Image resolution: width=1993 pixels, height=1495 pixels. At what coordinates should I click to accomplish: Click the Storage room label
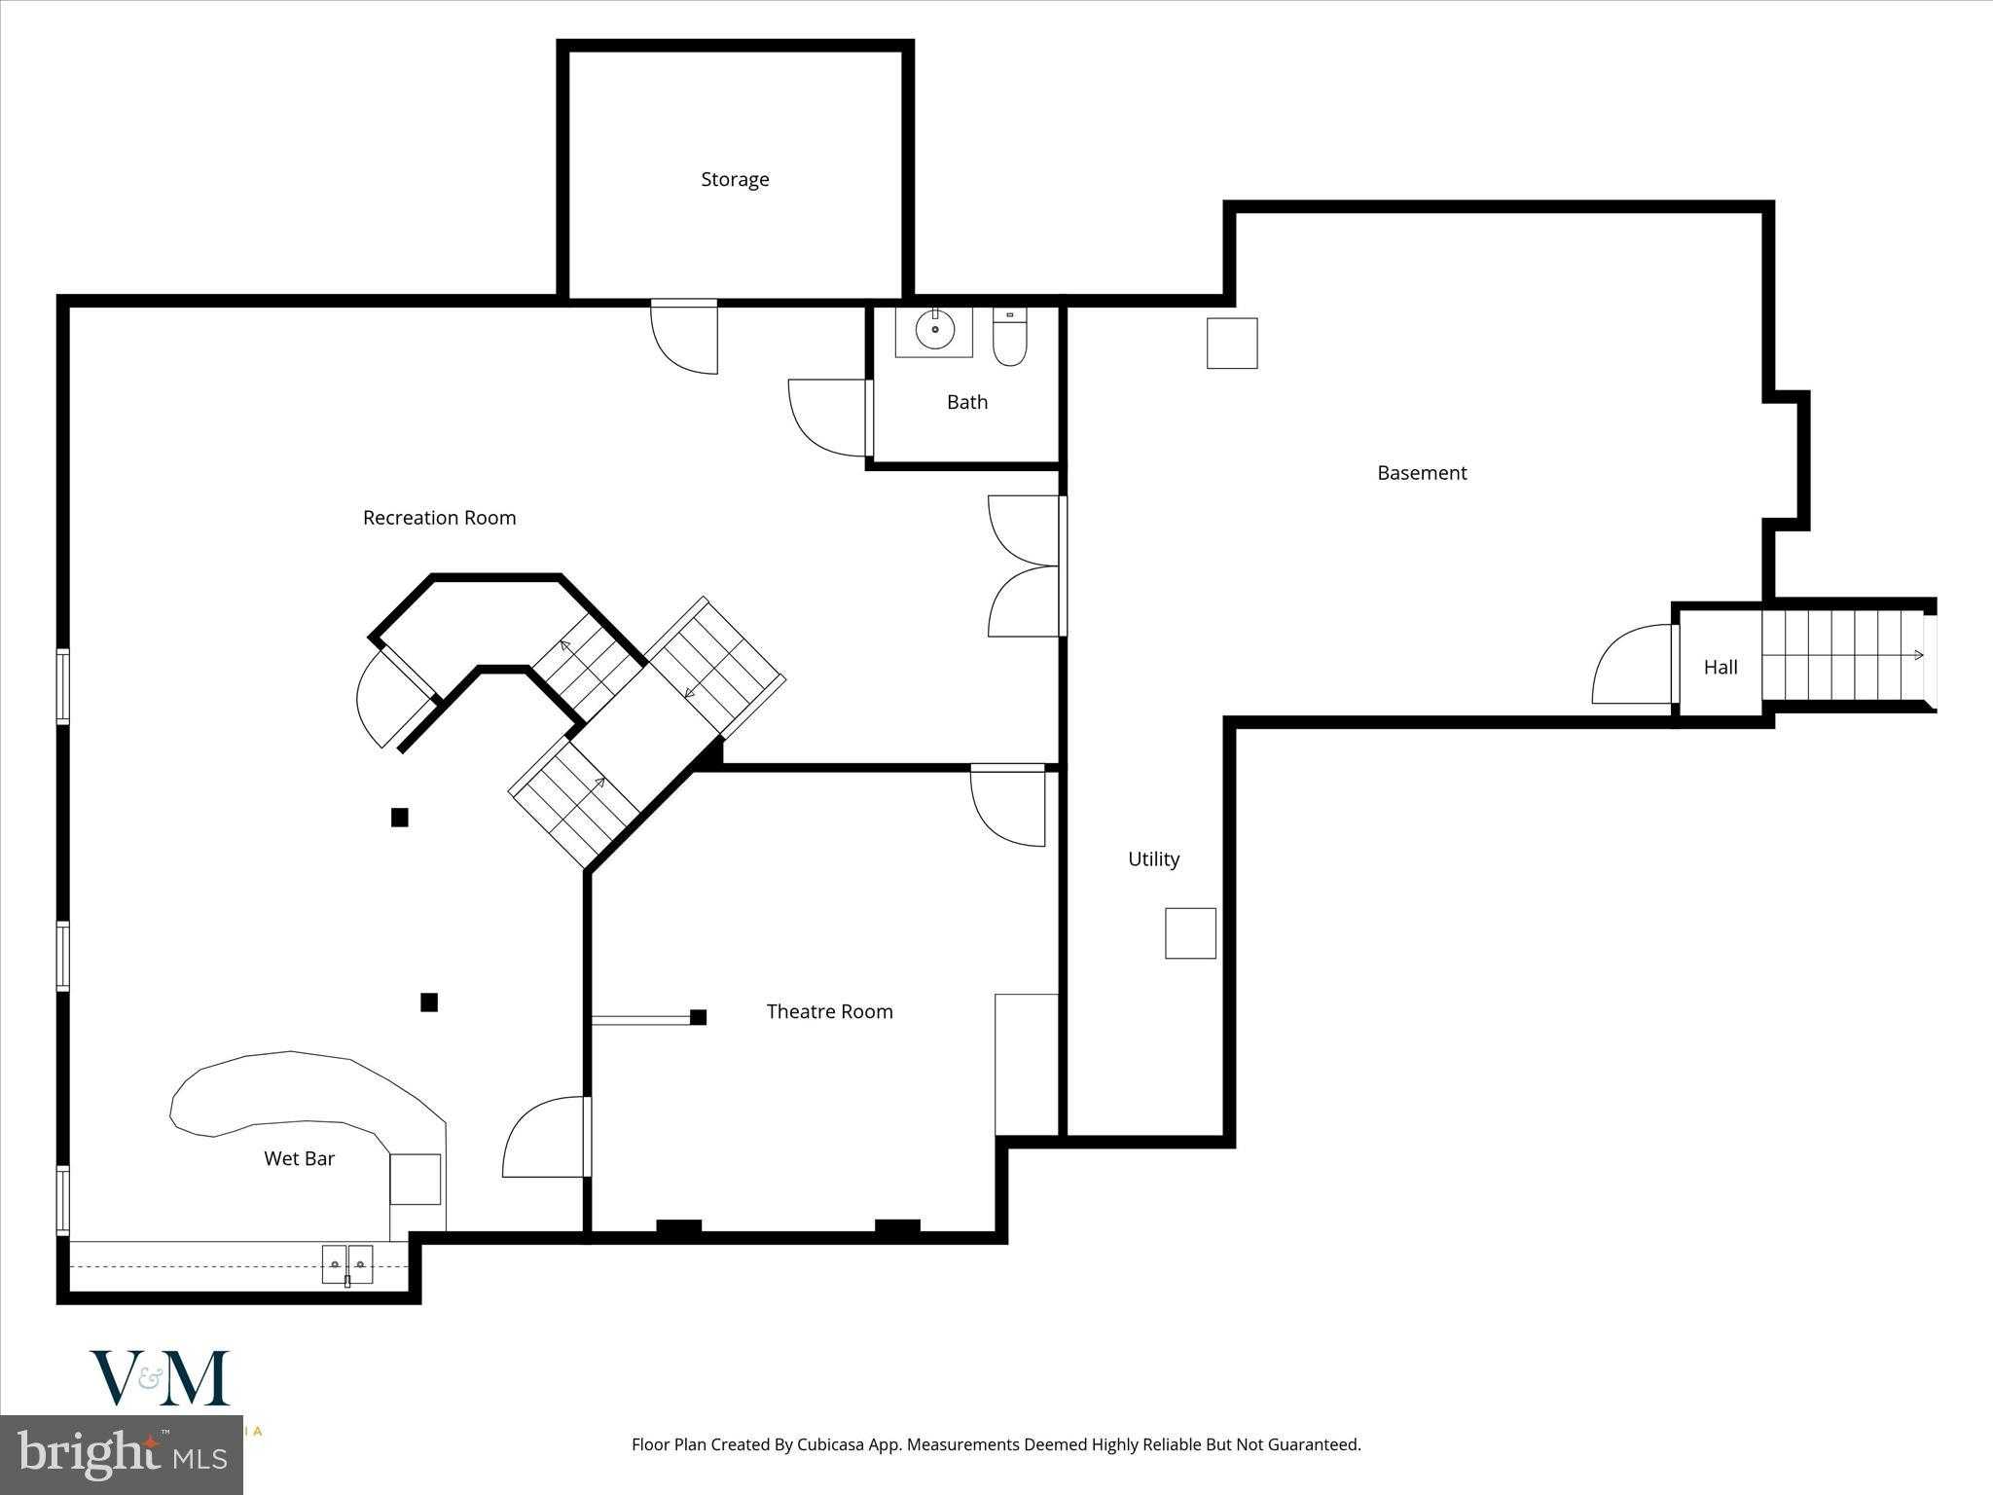tap(735, 180)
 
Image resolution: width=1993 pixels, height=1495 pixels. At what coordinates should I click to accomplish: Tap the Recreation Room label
tap(439, 518)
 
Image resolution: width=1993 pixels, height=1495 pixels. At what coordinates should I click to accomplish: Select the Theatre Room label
tap(829, 1011)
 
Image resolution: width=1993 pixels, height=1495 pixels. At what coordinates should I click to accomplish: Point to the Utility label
tap(1153, 858)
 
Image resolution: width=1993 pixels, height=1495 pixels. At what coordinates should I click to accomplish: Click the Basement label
tap(1422, 473)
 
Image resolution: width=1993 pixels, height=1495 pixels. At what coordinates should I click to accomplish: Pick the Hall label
tap(1721, 667)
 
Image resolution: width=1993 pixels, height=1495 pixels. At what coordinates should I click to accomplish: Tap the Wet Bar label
tap(299, 1158)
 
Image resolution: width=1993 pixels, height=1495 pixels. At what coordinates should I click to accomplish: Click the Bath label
tap(966, 402)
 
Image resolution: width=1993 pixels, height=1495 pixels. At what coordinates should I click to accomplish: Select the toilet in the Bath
tap(1009, 337)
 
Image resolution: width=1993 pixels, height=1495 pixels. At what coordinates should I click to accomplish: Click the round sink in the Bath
tap(934, 331)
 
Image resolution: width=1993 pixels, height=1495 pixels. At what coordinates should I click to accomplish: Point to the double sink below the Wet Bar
tap(347, 1264)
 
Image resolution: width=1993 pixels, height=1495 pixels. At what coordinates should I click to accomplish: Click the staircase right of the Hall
tap(1844, 655)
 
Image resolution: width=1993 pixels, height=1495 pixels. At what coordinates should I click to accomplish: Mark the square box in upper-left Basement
tap(1232, 344)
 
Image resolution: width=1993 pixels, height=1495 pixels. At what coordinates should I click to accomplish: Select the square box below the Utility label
tap(1190, 933)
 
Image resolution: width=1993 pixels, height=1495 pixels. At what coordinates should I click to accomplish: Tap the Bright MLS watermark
tap(122, 1453)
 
